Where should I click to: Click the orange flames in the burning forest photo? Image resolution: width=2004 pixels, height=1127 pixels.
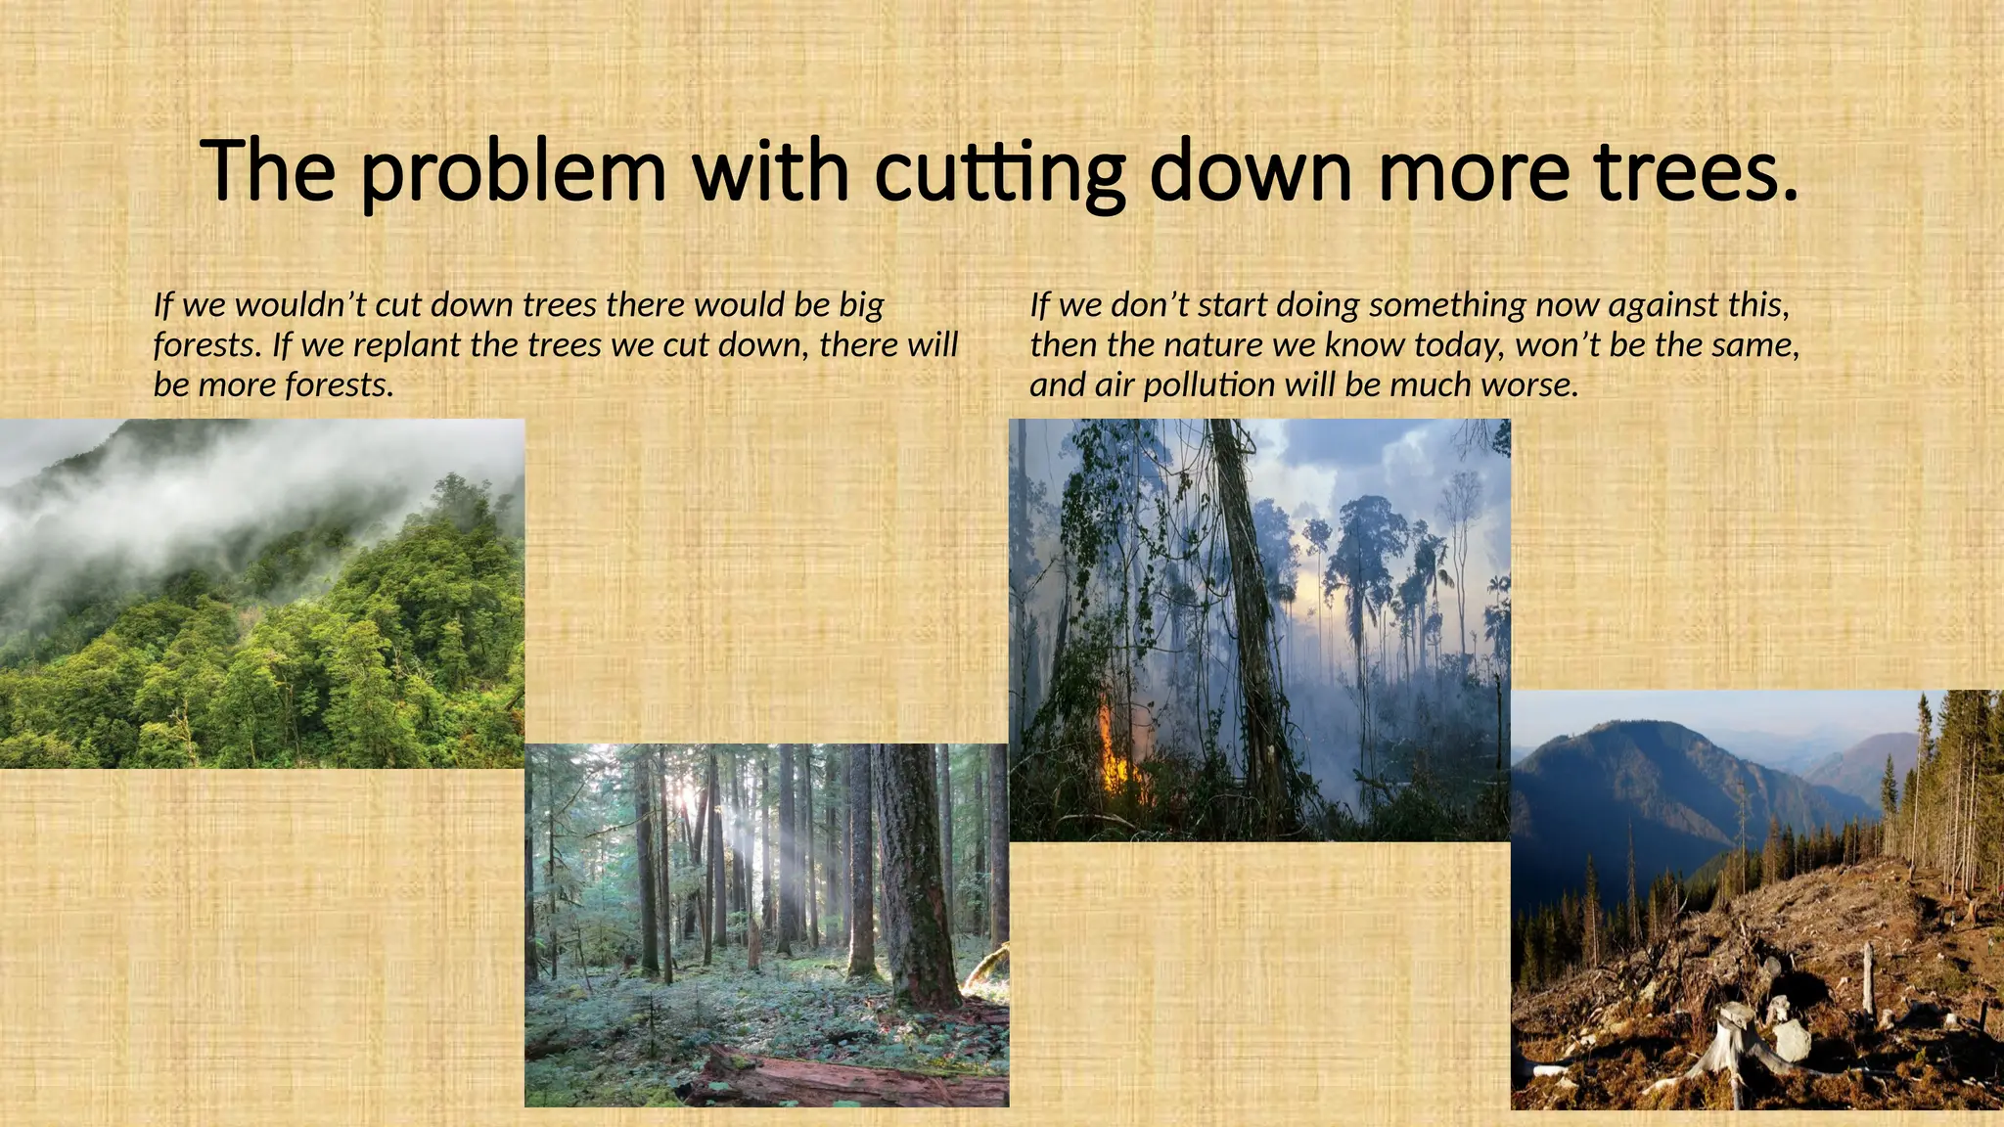(1111, 748)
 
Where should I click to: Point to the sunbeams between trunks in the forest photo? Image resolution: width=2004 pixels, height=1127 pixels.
(729, 841)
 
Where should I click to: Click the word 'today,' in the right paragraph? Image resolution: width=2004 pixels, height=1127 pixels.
(1457, 345)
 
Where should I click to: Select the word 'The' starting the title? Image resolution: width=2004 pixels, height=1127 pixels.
(268, 171)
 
